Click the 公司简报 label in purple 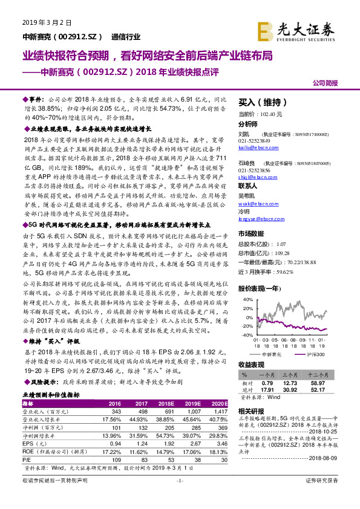click(326, 82)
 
